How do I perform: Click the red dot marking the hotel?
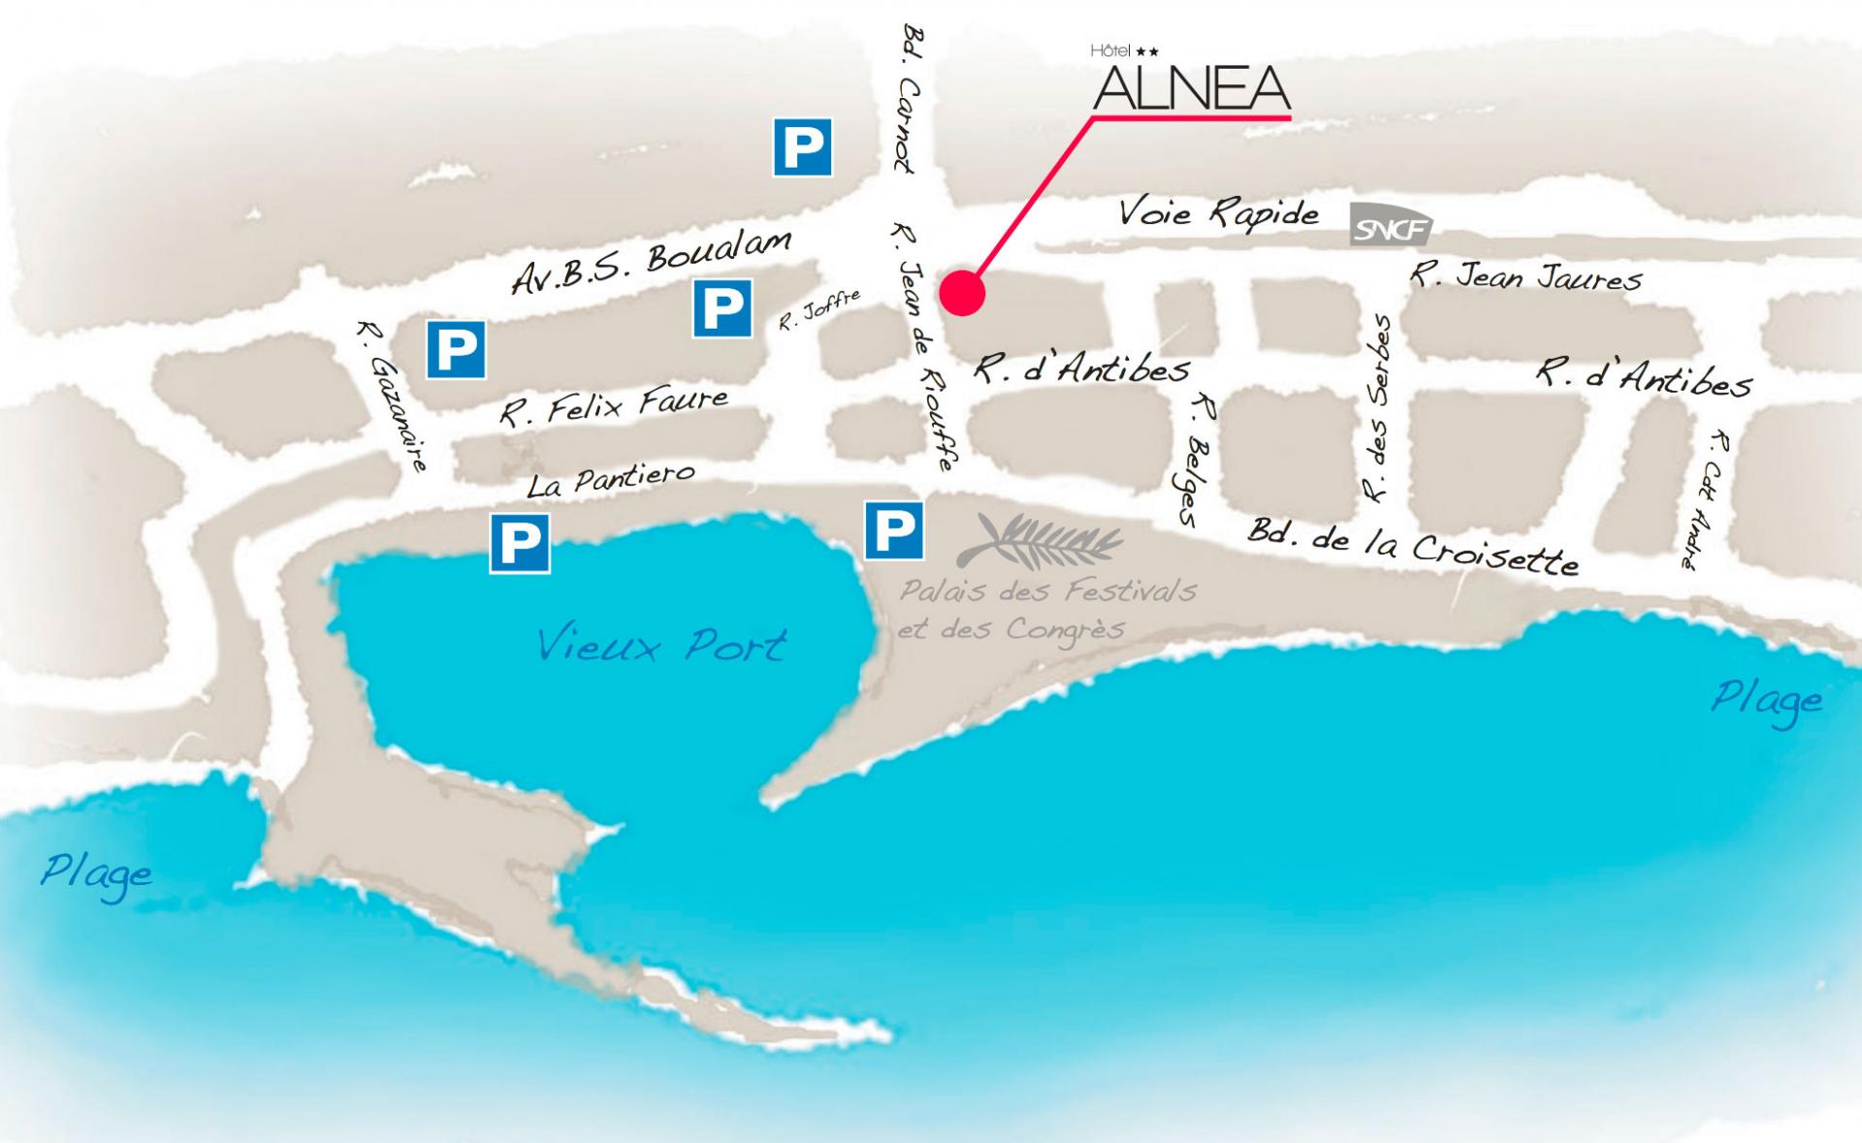click(961, 292)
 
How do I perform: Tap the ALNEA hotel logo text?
click(1191, 89)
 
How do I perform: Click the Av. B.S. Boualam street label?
click(651, 262)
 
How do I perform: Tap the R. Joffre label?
click(819, 310)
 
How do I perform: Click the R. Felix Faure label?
click(613, 406)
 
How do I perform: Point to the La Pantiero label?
click(610, 480)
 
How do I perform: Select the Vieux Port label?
click(661, 646)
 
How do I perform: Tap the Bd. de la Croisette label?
click(1412, 547)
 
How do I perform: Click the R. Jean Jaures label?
click(1525, 277)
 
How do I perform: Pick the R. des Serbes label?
click(1377, 408)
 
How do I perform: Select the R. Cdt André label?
click(1705, 499)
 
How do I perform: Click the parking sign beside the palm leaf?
click(893, 530)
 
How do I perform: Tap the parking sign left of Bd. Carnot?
click(802, 147)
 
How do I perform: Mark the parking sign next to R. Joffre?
click(722, 308)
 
